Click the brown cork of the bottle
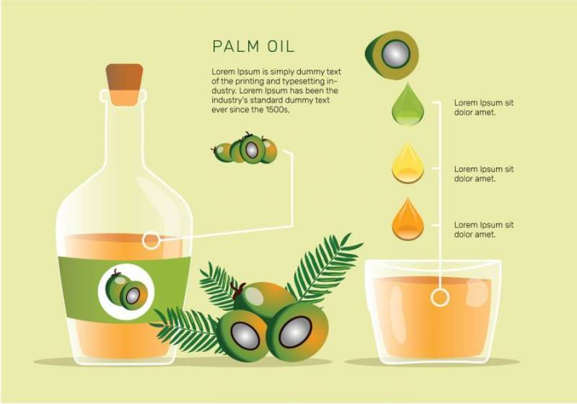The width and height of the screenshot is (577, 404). pos(124,84)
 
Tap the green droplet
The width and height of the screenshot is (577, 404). pos(408,105)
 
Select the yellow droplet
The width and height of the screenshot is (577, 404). pos(408,164)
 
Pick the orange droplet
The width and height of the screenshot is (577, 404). pos(408,220)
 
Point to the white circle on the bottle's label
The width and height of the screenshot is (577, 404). pos(125,291)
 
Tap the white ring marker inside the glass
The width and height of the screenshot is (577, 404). pos(440,297)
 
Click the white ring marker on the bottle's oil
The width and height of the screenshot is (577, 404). pos(151,241)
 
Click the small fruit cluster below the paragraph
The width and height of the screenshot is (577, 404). pos(245,149)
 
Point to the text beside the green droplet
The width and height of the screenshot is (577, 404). pos(483,107)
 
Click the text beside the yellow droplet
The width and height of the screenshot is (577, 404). pos(483,174)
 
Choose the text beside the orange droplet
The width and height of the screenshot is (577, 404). pos(483,229)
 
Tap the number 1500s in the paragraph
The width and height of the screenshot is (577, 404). pos(278,110)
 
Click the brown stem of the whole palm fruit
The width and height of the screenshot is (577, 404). pos(238,289)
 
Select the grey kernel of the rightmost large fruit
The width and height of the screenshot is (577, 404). pos(296,332)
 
